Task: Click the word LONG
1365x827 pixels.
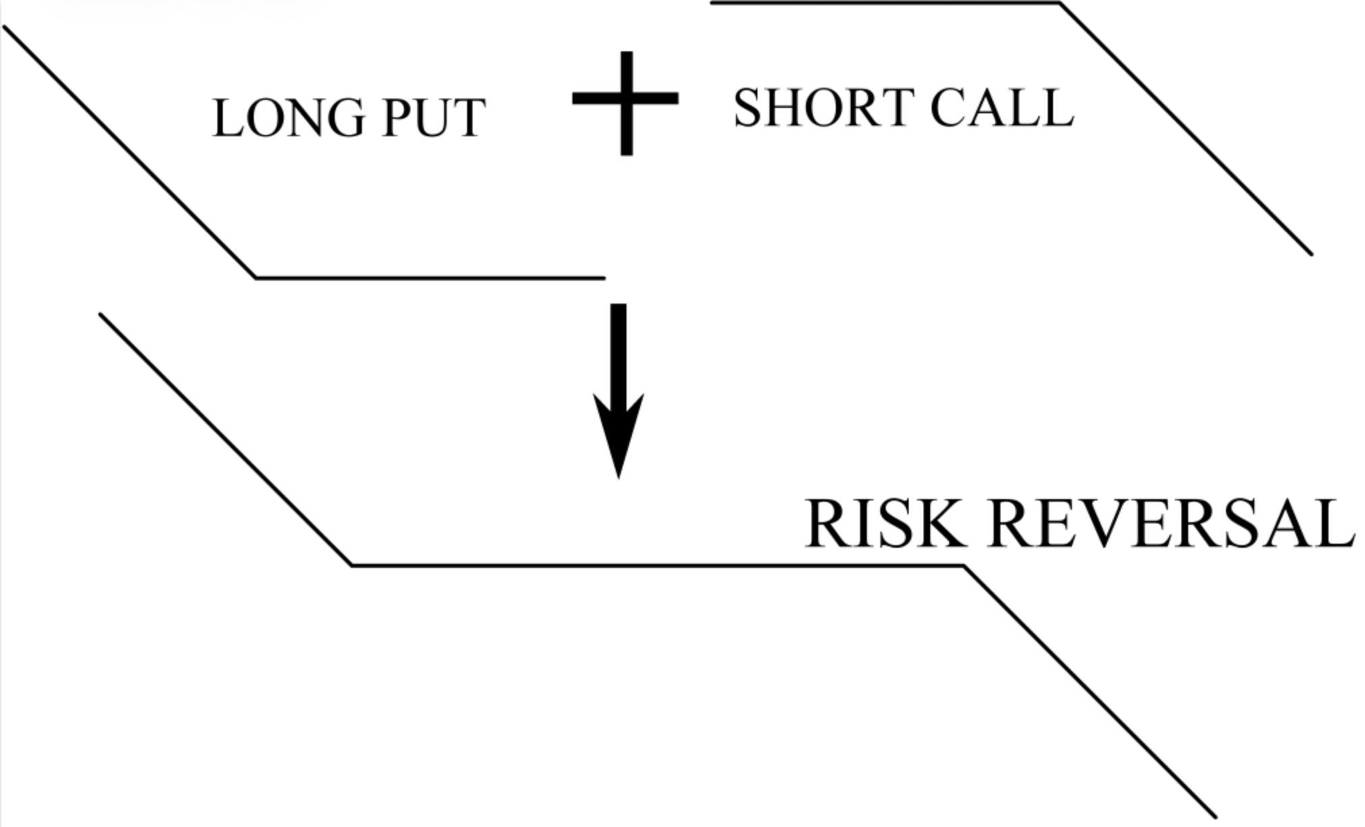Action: point(288,118)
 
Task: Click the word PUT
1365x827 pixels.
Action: point(433,118)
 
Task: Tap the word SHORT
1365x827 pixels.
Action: point(824,108)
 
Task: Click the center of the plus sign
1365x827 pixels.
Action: point(626,99)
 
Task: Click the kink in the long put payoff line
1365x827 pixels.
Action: point(256,277)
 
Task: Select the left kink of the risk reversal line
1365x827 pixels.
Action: point(352,565)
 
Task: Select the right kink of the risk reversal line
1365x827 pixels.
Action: point(964,567)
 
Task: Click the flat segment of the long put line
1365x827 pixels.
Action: point(432,277)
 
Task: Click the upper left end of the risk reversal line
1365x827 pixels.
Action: point(101,314)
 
